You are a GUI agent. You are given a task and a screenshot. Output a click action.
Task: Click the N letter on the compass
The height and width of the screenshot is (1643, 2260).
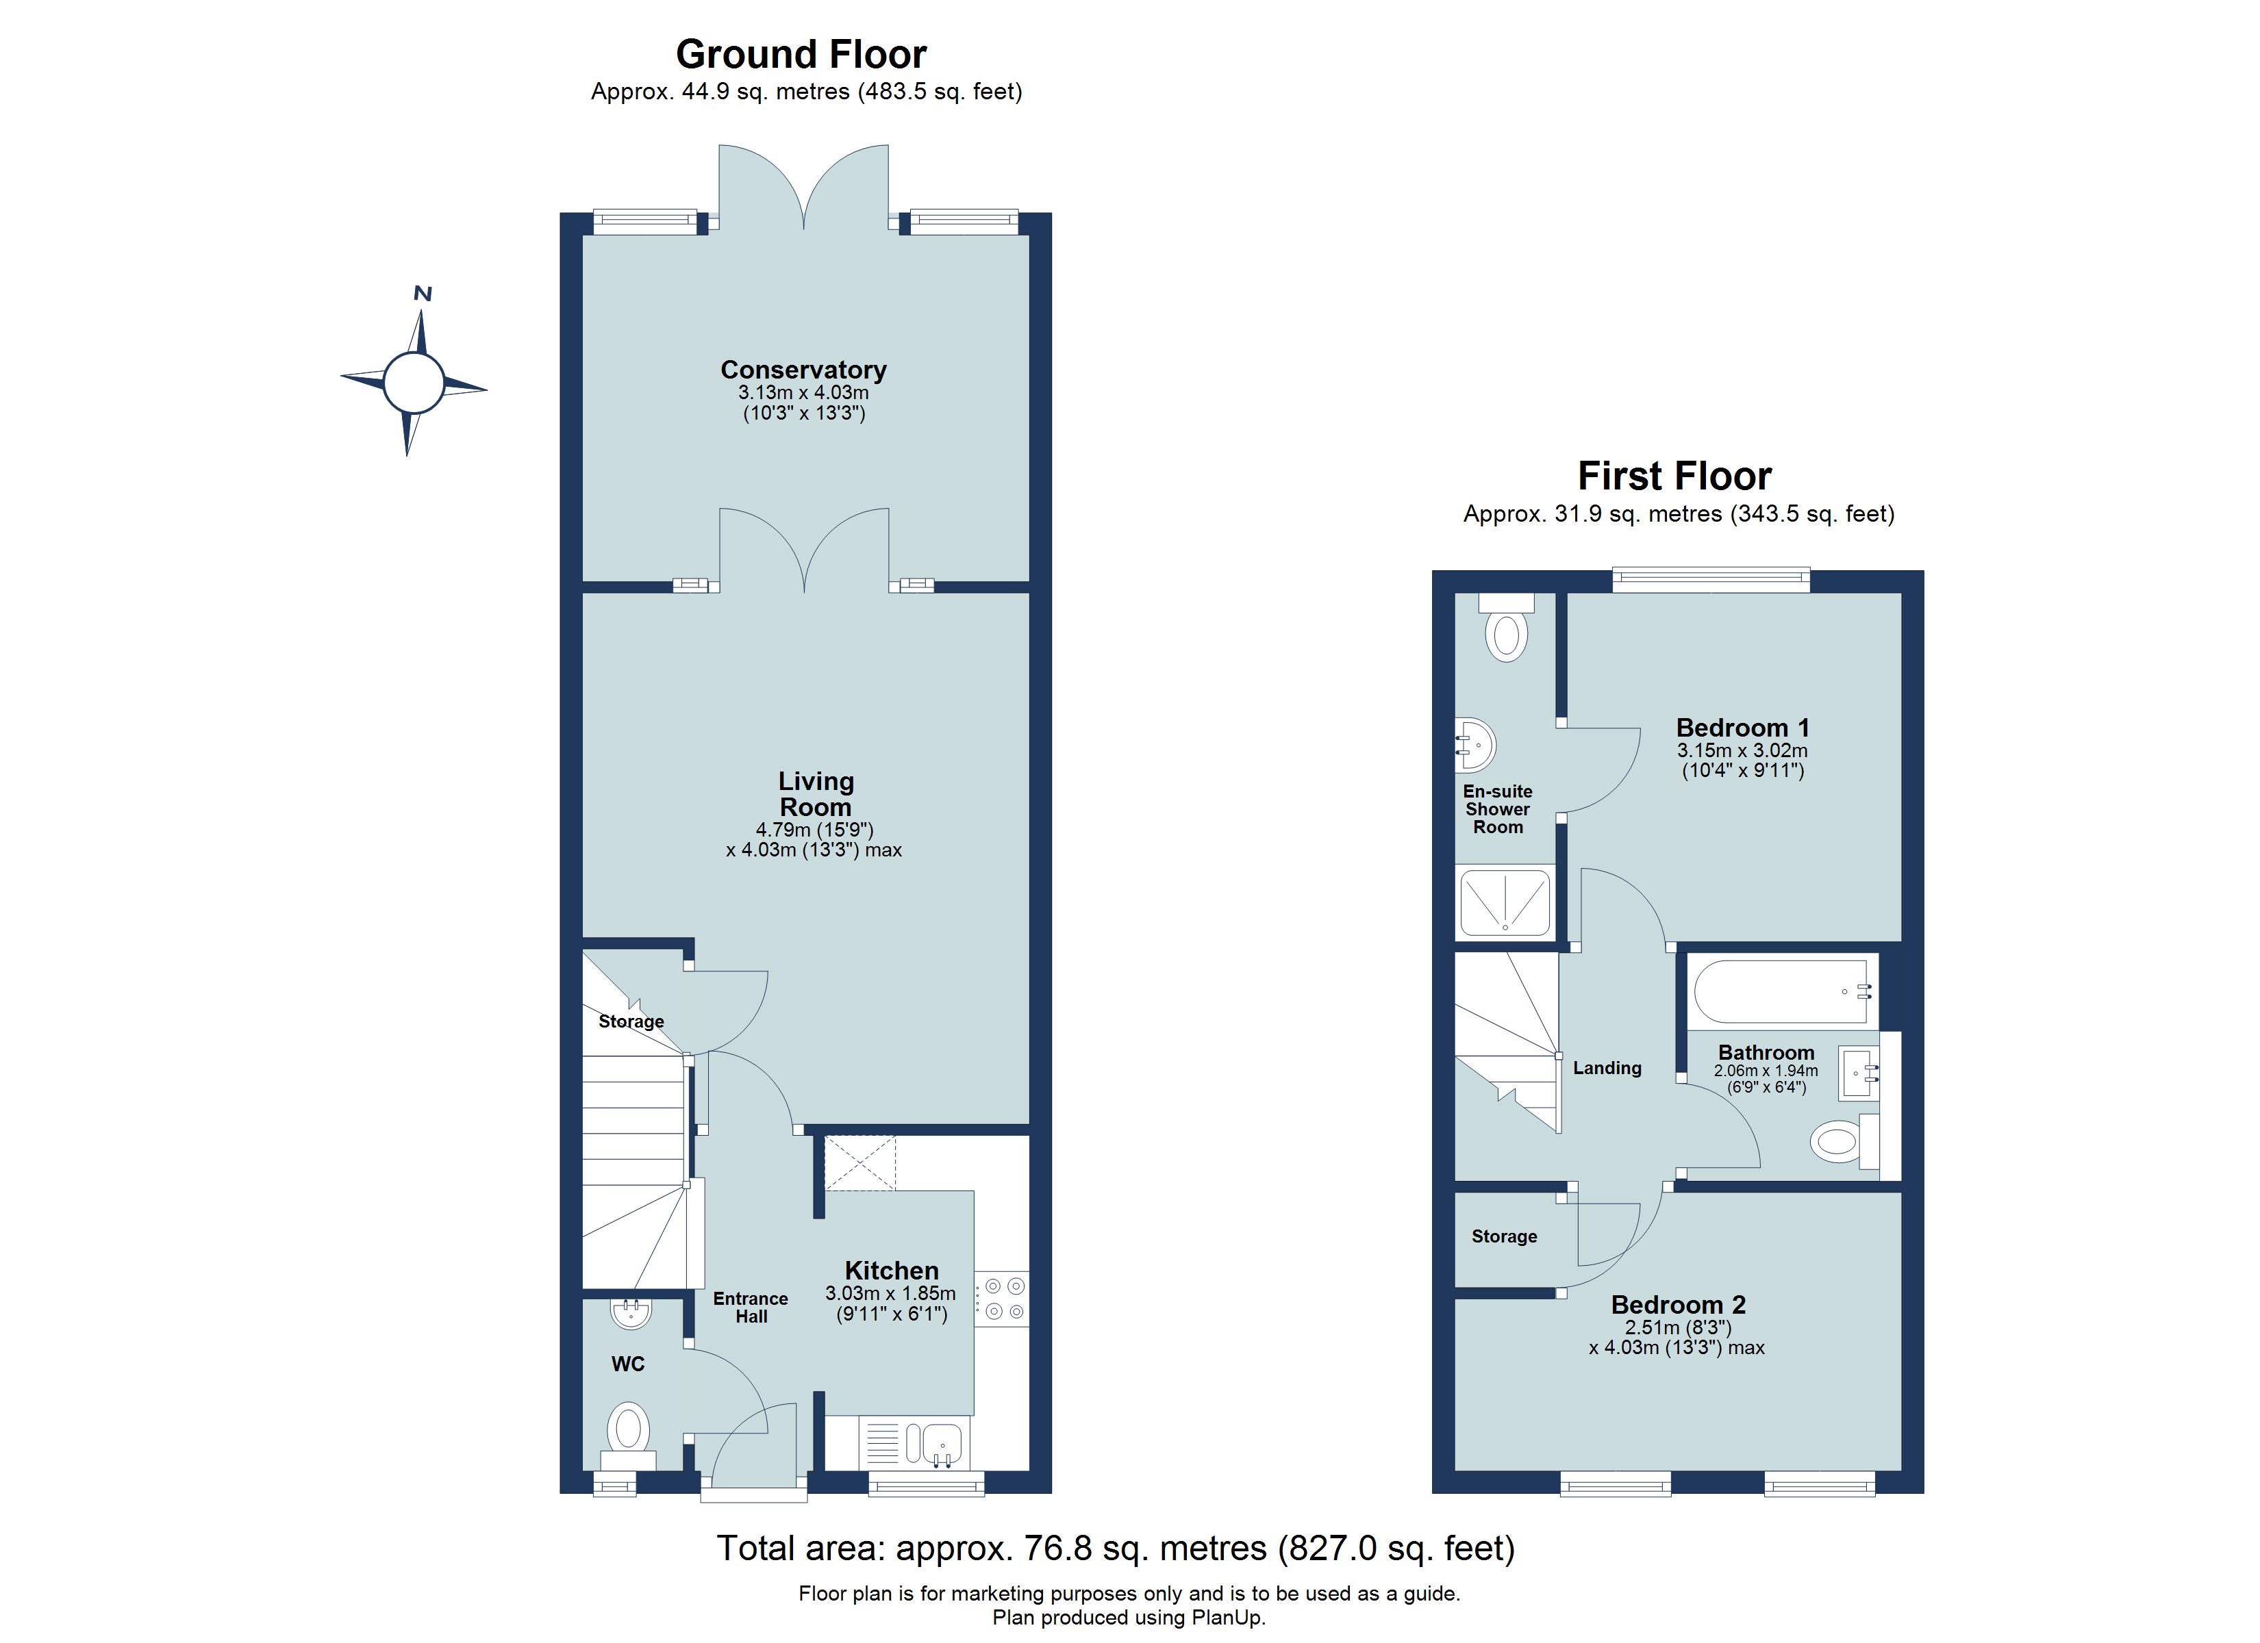click(x=423, y=294)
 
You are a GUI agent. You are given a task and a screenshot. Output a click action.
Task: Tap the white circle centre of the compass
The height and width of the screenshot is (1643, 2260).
click(x=414, y=383)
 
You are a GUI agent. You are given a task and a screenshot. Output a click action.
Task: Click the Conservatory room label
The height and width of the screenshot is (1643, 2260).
click(x=803, y=370)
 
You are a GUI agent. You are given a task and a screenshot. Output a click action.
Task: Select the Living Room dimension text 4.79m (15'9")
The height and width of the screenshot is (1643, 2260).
click(x=814, y=829)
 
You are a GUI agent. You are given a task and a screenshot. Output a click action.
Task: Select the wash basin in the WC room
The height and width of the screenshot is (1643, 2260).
click(x=631, y=1312)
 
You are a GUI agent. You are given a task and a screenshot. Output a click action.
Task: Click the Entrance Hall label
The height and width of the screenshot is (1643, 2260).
click(x=751, y=1308)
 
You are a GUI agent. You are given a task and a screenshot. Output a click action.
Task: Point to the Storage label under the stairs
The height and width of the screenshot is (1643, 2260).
click(x=631, y=1021)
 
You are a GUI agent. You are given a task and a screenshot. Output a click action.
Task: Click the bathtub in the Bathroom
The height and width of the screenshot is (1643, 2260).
click(x=1780, y=991)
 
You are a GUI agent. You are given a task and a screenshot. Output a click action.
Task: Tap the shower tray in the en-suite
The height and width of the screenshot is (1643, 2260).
click(x=1505, y=903)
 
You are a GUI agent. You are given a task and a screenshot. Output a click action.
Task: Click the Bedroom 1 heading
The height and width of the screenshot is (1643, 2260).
click(x=1742, y=727)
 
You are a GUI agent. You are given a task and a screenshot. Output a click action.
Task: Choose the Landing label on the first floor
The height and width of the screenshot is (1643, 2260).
click(x=1607, y=1068)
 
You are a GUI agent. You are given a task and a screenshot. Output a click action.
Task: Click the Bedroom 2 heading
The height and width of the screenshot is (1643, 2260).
click(x=1678, y=1304)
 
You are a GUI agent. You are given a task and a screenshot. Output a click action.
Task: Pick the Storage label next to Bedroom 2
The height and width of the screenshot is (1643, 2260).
click(x=1504, y=1236)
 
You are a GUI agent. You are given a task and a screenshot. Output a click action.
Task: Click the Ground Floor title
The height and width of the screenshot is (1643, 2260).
click(x=801, y=54)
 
